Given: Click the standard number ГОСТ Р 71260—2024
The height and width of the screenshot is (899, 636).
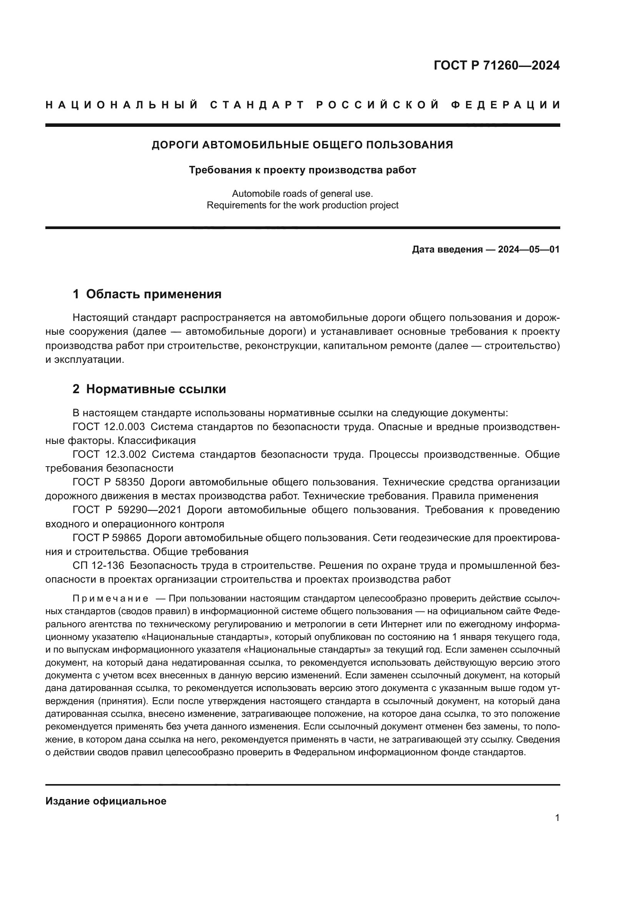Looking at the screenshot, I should click(496, 65).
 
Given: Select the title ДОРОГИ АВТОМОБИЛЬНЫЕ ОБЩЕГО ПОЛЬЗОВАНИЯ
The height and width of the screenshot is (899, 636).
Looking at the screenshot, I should click(302, 145).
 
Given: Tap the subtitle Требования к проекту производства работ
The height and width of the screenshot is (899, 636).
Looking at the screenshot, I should click(302, 170).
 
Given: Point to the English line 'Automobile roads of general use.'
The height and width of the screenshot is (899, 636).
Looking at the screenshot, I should click(302, 193).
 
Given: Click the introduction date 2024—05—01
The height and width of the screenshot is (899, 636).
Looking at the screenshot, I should click(528, 249).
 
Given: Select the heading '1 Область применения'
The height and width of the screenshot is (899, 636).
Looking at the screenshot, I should click(147, 294).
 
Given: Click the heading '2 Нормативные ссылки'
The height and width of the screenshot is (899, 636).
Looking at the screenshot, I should click(149, 389).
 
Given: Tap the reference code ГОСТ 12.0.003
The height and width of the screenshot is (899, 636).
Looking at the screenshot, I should click(108, 427).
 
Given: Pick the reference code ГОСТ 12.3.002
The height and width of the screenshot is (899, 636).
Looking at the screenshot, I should click(109, 455).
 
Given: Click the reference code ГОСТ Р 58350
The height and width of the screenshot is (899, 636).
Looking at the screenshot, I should click(108, 482).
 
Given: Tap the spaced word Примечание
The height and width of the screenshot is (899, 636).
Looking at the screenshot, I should click(110, 599).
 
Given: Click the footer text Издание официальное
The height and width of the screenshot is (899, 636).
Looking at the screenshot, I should click(106, 801).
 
